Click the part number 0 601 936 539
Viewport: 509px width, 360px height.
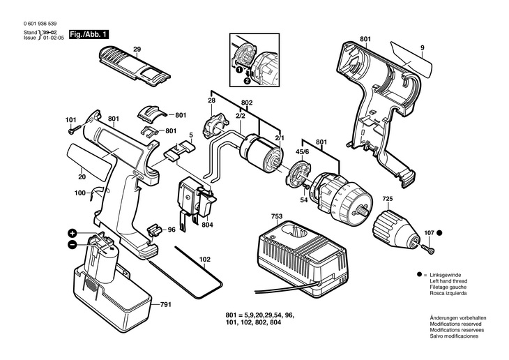pyautogui.click(x=41, y=23)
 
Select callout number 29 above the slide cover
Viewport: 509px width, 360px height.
pyautogui.click(x=137, y=48)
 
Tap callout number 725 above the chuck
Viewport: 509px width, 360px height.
pyautogui.click(x=386, y=199)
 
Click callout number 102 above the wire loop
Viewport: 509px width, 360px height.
pyautogui.click(x=204, y=260)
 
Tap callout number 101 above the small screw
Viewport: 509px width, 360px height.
pyautogui.click(x=71, y=119)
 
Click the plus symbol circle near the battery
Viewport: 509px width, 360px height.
pyautogui.click(x=72, y=232)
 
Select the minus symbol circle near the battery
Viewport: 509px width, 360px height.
pyautogui.click(x=72, y=244)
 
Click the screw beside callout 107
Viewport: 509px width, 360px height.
pyautogui.click(x=427, y=245)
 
